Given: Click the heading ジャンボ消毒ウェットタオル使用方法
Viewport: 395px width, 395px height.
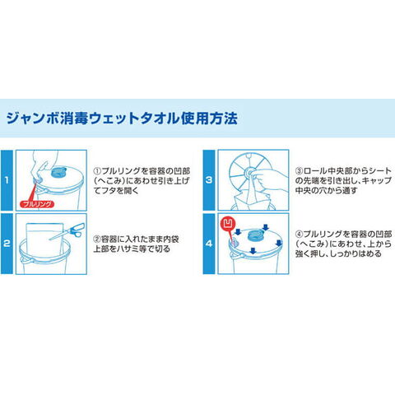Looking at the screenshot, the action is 122,118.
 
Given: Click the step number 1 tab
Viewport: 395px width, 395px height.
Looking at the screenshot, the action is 7,180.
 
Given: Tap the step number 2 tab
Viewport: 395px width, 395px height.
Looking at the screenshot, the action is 7,244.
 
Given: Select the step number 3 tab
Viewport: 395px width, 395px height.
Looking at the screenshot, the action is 209,180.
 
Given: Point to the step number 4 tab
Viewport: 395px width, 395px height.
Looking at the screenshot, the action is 209,244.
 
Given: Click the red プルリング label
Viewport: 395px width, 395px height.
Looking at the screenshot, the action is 37,204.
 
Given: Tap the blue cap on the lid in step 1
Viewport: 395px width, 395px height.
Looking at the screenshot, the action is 58,173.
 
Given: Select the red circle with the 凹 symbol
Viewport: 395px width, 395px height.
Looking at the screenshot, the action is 228,224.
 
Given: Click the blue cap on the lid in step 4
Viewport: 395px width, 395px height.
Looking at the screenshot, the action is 255,235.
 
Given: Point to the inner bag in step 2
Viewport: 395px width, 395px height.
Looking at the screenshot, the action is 44,240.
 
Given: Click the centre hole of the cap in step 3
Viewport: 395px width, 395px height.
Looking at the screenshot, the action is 250,173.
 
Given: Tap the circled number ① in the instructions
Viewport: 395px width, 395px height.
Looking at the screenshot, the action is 98,171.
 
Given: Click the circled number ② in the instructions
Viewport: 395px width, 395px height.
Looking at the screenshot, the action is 97,239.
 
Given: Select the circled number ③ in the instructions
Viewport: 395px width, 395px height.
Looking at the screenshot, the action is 299,171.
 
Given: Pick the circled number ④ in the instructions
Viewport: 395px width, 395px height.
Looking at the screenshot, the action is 299,235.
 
